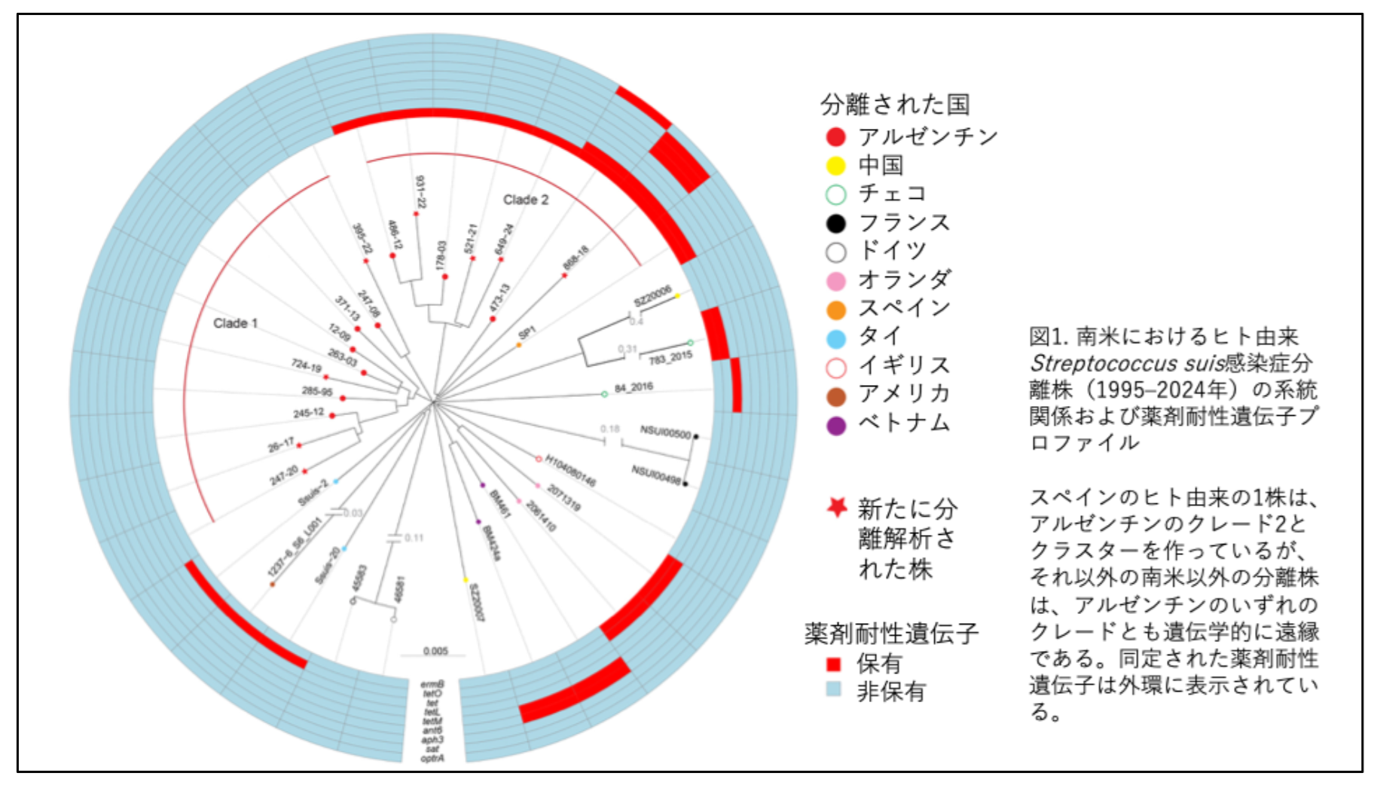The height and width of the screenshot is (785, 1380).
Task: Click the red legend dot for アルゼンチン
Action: [x=835, y=137]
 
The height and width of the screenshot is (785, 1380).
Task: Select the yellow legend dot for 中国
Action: [x=835, y=166]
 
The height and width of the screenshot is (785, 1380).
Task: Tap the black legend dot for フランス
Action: [x=835, y=223]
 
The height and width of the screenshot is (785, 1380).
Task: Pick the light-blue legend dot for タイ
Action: [x=835, y=338]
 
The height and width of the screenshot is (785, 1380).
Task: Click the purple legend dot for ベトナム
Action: [x=835, y=425]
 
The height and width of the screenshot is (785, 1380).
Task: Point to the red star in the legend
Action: [x=837, y=507]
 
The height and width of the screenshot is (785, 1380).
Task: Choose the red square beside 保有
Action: [x=833, y=664]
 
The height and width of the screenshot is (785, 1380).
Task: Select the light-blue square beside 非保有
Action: [x=833, y=689]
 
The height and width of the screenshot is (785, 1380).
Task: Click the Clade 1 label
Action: [x=235, y=323]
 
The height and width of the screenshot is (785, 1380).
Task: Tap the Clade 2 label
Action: [x=526, y=200]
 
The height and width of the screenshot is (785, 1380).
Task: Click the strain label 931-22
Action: [x=420, y=191]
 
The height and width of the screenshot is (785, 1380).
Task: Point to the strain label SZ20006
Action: [x=652, y=296]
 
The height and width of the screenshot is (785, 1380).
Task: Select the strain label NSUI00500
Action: [x=665, y=433]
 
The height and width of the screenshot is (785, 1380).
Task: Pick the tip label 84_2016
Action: [x=634, y=388]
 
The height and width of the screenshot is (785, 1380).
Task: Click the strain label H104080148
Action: [x=570, y=471]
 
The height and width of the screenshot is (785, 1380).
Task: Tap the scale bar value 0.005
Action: [x=435, y=651]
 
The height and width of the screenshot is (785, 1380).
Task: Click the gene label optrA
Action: [x=432, y=758]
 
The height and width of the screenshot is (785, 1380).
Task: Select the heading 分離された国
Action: [x=895, y=104]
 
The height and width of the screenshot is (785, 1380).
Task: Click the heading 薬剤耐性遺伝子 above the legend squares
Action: [x=891, y=634]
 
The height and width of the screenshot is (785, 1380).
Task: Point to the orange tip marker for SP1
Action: [x=519, y=345]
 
